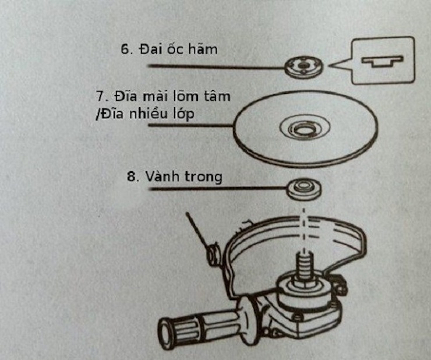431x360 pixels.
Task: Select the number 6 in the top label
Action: [125, 49]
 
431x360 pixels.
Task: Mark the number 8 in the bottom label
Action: [131, 176]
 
